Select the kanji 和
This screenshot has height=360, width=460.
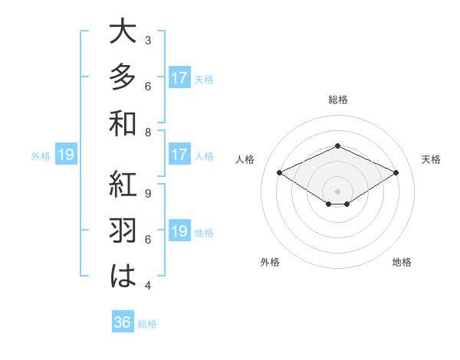tap(123, 123)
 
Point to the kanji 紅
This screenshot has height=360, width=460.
tap(123, 185)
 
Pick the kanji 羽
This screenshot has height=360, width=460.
tap(123, 231)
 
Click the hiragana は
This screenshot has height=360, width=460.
tap(123, 277)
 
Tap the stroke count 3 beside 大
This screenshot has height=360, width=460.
tap(147, 40)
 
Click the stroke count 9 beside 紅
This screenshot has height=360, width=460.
tap(147, 193)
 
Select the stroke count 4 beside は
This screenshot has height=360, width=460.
tap(147, 286)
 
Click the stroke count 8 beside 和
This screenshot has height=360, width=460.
tap(147, 132)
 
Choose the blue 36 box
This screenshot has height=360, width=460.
tap(123, 322)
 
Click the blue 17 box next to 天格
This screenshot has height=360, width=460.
tap(179, 78)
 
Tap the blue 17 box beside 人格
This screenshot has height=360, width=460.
tap(179, 155)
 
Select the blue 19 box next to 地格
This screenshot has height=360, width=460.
tap(179, 231)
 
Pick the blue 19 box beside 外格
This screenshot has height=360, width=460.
tap(65, 155)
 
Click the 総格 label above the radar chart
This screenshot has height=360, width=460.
tap(337, 100)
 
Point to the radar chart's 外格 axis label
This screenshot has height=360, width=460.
tap(270, 262)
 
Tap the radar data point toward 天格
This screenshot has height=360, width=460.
tap(396, 173)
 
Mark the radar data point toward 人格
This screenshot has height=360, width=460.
tap(279, 173)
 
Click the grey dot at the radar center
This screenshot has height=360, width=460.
tap(337, 190)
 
